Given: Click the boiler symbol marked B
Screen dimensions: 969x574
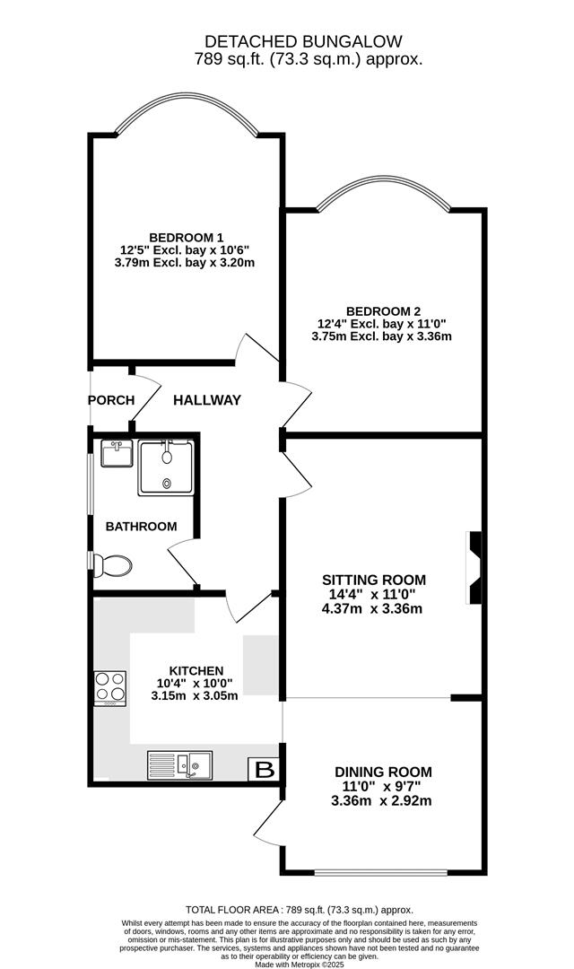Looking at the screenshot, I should tap(264, 769).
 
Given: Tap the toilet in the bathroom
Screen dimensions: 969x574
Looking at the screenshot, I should tap(113, 565).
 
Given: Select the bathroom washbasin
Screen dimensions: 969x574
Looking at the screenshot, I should tap(117, 454).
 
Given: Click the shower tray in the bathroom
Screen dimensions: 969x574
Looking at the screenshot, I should tap(166, 467).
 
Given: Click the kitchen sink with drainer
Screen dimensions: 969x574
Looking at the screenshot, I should tap(179, 764).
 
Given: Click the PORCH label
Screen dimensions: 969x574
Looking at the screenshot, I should tap(111, 400).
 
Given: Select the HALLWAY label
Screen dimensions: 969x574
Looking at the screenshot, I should tap(207, 400).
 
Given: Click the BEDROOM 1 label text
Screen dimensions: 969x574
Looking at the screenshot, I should tap(187, 238).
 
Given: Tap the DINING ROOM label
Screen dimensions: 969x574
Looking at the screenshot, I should tap(383, 772).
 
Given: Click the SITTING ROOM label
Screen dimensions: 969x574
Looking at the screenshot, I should tap(375, 580).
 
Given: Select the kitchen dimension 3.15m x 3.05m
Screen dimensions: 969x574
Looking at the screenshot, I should tap(195, 695).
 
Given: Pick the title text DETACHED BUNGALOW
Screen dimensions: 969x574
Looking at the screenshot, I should tap(303, 41).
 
